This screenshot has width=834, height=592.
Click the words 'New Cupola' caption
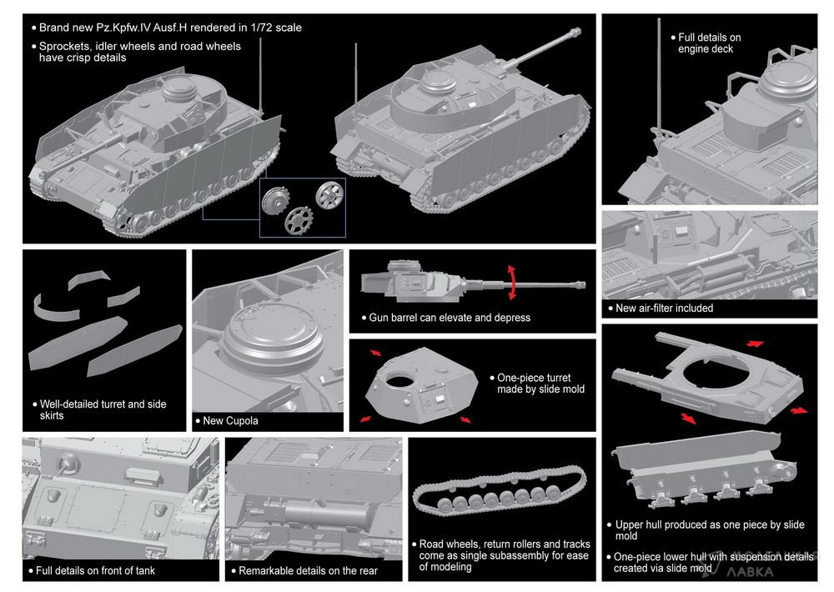click(x=230, y=421)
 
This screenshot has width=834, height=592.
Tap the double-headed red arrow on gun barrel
click(x=512, y=283)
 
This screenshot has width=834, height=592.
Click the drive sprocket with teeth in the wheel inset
click(x=299, y=220)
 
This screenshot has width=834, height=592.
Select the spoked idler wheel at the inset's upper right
click(x=329, y=194)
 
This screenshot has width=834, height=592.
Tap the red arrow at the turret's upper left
click(x=375, y=353)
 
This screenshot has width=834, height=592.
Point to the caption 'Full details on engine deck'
click(x=709, y=43)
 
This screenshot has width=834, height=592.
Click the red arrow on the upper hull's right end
click(x=799, y=410)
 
